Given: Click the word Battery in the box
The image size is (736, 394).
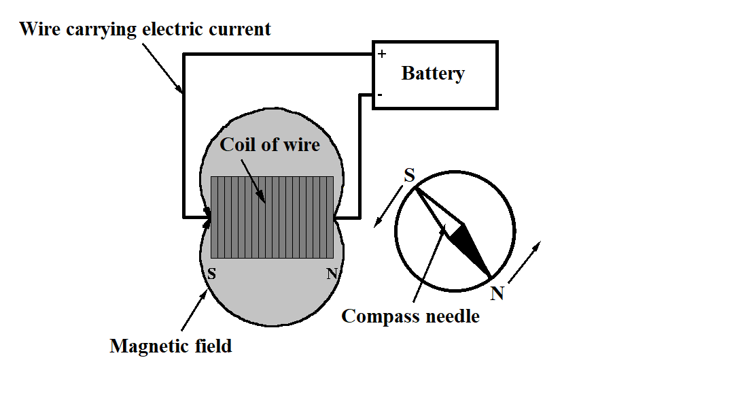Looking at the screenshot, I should point(433,73).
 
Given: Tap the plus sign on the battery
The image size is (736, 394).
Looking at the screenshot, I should point(382,54).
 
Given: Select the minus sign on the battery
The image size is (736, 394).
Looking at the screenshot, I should point(379,96).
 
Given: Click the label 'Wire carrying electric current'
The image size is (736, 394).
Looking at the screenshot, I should point(145,29).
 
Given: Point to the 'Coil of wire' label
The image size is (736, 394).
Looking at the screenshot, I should point(270,144).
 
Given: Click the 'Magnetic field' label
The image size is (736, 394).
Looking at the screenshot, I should point(171,346).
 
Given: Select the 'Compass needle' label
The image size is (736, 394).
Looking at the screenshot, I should point(410,316).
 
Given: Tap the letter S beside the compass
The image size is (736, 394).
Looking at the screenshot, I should point(409,176).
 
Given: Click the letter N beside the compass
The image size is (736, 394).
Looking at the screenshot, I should point(497,293).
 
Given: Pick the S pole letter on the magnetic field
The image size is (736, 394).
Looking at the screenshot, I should point(211,274).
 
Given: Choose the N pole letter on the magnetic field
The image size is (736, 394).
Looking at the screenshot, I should point(332,274).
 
